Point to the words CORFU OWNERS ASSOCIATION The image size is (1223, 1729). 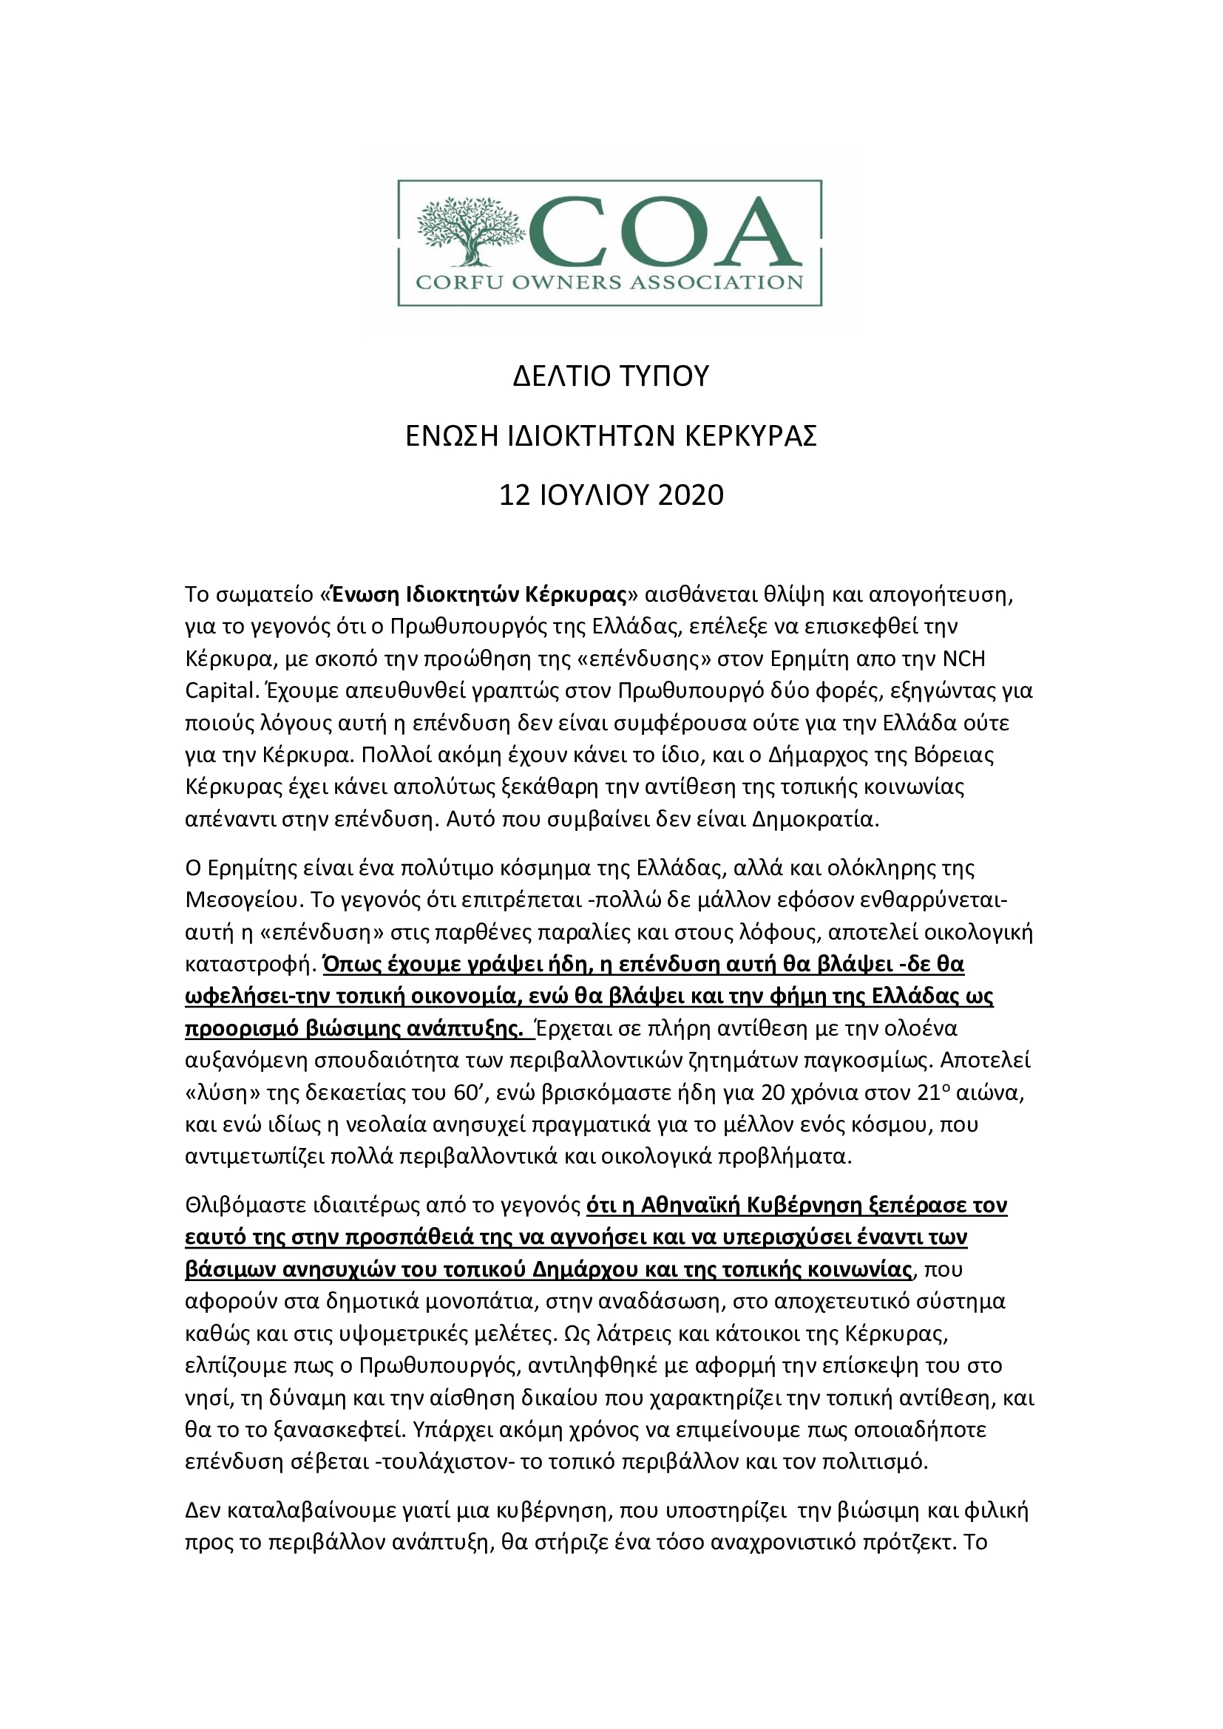pos(609,283)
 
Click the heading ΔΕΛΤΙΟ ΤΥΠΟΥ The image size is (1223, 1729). pos(611,376)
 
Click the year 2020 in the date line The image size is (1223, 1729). pos(691,495)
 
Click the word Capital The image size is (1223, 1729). pos(219,691)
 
